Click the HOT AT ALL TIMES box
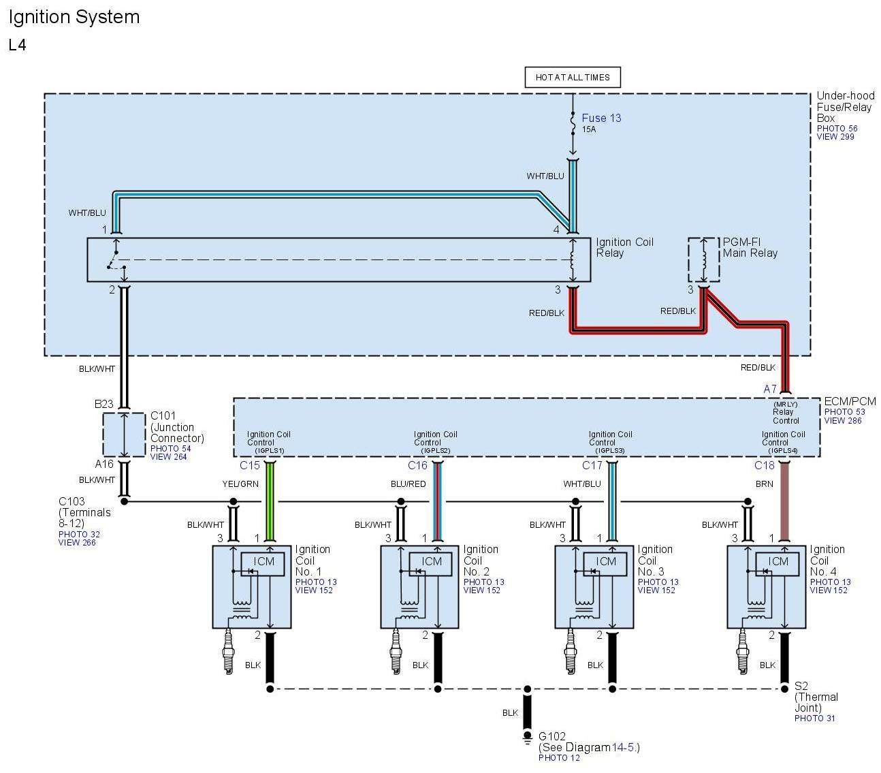(573, 77)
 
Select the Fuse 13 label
(601, 118)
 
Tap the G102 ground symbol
(527, 737)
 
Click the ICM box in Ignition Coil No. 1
(263, 563)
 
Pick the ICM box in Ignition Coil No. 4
(778, 563)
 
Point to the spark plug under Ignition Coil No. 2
(396, 652)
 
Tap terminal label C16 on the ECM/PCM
(417, 466)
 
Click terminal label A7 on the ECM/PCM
(770, 390)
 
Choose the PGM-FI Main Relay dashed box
(703, 259)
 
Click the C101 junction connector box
(124, 435)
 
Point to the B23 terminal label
(104, 405)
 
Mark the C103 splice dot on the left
(125, 501)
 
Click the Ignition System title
(74, 17)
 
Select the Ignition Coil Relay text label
(624, 247)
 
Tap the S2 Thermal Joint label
(816, 697)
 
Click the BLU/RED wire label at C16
(408, 484)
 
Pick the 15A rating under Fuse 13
(588, 129)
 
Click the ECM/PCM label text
(850, 402)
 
